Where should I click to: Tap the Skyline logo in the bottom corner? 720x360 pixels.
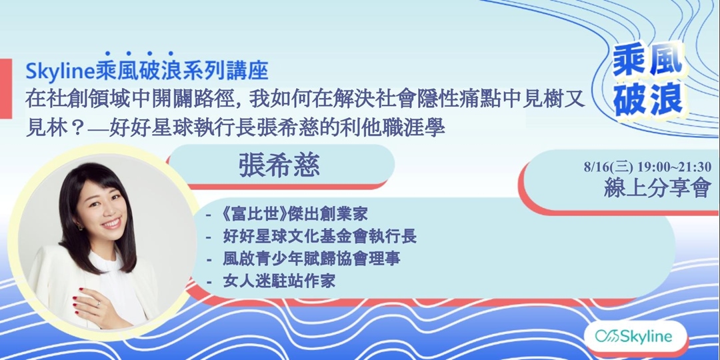[x=633, y=336]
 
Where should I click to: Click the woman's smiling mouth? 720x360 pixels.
[x=111, y=223]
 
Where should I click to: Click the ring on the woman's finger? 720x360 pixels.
[x=99, y=305]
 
